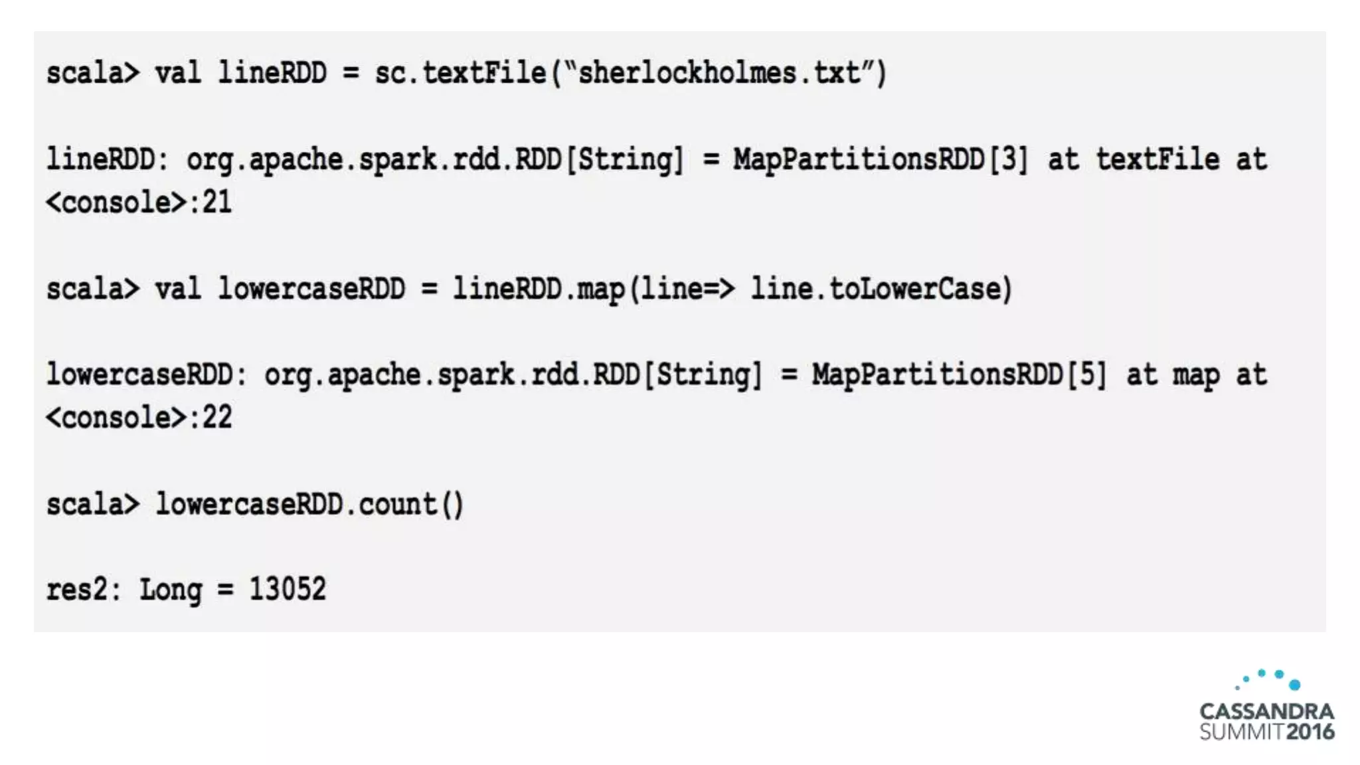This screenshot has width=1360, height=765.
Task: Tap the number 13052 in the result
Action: [x=287, y=589]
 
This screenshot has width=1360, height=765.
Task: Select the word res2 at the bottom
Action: [x=76, y=589]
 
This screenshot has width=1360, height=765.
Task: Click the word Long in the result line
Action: [x=171, y=590]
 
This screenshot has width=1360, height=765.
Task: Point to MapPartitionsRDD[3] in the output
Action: [x=881, y=159]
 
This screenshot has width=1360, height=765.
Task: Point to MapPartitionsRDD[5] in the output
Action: [x=959, y=375]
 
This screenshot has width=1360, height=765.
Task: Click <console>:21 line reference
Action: [x=139, y=202]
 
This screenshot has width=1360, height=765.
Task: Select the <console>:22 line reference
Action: [x=139, y=418]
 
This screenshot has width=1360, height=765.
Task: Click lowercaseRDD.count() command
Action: [x=309, y=505]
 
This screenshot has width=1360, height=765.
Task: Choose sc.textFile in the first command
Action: [x=460, y=72]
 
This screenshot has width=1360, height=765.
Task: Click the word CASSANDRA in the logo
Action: [x=1266, y=711]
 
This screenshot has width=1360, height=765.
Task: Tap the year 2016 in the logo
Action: [x=1310, y=732]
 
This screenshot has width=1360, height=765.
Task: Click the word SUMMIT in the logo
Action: [x=1241, y=732]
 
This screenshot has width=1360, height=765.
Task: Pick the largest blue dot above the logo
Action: [x=1294, y=685]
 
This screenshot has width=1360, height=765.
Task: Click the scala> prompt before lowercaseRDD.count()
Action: [x=92, y=505]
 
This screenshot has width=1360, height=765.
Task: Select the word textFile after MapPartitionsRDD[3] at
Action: [x=1157, y=159]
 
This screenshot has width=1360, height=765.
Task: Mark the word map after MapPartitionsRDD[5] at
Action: [x=1196, y=376]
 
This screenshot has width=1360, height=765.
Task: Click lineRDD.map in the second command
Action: [x=539, y=289]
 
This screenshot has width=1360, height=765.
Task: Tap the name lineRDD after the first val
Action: [x=272, y=72]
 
